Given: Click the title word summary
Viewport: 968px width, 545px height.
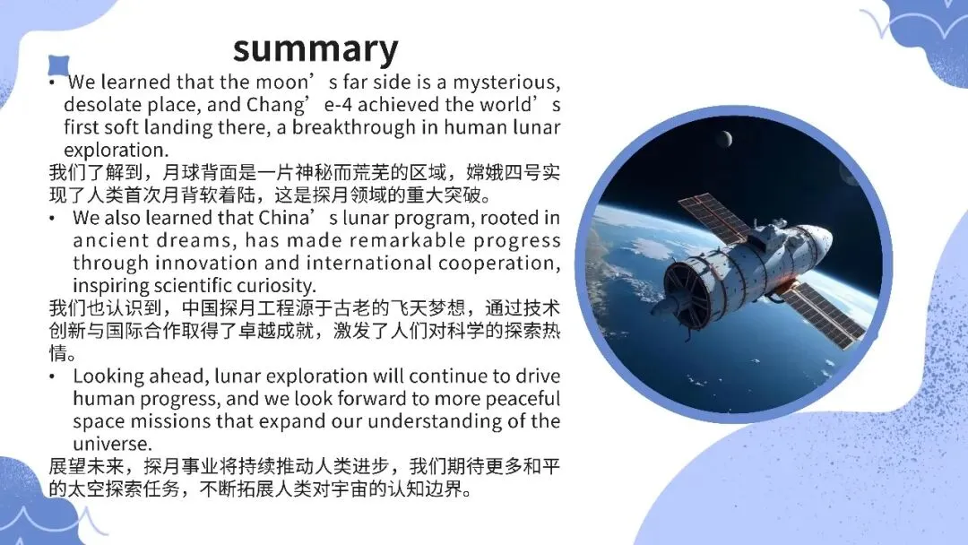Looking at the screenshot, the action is (x=315, y=49).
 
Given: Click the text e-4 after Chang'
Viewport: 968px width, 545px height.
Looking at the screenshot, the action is (x=338, y=104).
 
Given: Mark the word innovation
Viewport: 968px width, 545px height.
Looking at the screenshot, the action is (x=206, y=263).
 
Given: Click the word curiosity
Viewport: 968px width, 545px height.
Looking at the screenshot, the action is (x=278, y=286).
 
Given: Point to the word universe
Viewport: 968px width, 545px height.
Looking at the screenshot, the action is (x=112, y=444).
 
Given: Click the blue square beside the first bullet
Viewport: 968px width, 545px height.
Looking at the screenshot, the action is (x=59, y=65).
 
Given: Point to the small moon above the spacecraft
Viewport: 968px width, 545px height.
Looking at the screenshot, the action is (x=725, y=139).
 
